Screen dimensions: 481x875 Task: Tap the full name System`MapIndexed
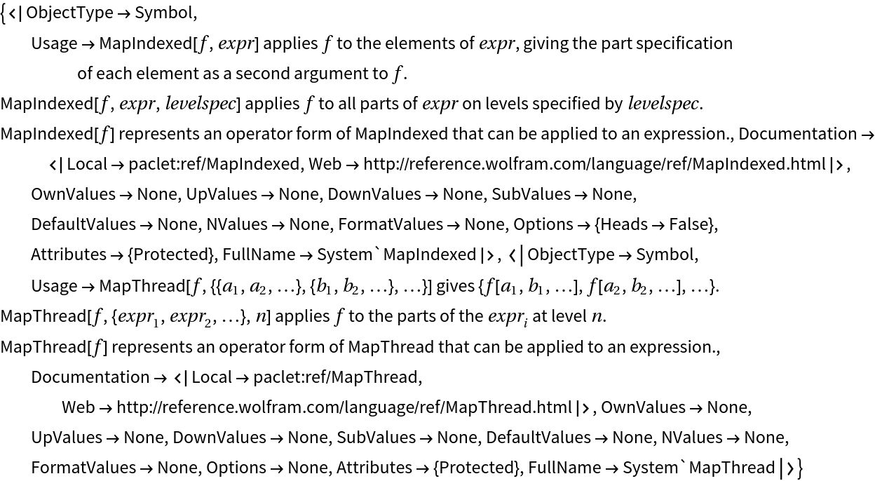(396, 255)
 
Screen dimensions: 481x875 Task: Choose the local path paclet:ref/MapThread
(336, 377)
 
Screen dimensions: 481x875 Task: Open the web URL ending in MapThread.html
(344, 407)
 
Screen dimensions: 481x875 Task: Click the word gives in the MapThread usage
(454, 286)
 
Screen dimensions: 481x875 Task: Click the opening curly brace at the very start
(4, 13)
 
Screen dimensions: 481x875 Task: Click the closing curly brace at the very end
(799, 468)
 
